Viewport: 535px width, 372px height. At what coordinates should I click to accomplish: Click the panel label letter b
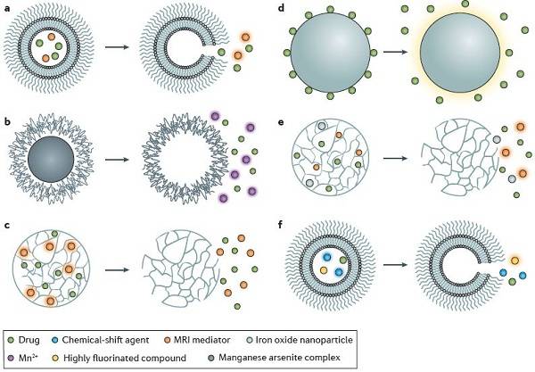pyautogui.click(x=7, y=120)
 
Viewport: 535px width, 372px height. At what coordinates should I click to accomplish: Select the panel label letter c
pyautogui.click(x=7, y=226)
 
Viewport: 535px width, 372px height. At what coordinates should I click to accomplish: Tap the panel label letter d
pyautogui.click(x=281, y=7)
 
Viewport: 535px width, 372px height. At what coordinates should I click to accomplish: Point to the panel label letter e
pyautogui.click(x=281, y=122)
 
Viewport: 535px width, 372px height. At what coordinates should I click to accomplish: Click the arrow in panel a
pyautogui.click(x=117, y=46)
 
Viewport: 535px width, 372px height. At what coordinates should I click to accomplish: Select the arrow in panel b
pyautogui.click(x=117, y=160)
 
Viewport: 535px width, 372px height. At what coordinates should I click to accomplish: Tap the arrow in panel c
pyautogui.click(x=117, y=269)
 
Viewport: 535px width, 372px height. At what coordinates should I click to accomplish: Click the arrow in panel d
pyautogui.click(x=395, y=52)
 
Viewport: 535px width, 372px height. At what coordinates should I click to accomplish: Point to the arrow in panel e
pyautogui.click(x=395, y=159)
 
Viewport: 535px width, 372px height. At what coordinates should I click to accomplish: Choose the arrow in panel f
pyautogui.click(x=395, y=264)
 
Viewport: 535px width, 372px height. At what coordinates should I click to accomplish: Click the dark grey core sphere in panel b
pyautogui.click(x=51, y=160)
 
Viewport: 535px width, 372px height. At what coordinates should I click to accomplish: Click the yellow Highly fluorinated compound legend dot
pyautogui.click(x=57, y=358)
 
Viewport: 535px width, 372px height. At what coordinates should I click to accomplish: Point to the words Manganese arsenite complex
pyautogui.click(x=279, y=358)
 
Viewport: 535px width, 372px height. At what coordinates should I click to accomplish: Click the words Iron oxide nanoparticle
pyautogui.click(x=304, y=340)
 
